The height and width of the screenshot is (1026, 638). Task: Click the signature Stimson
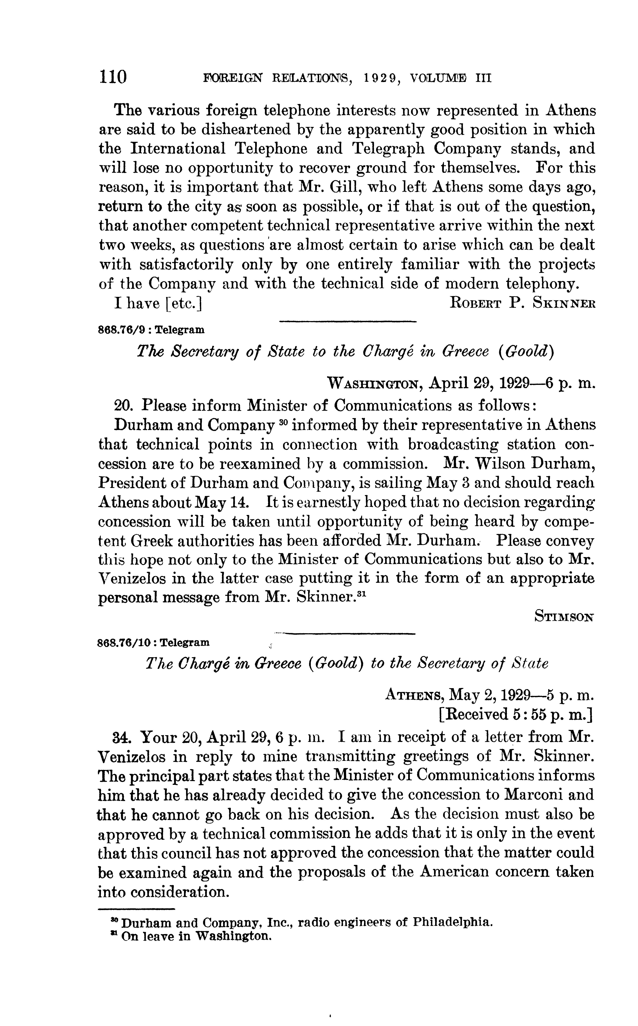tap(564, 617)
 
